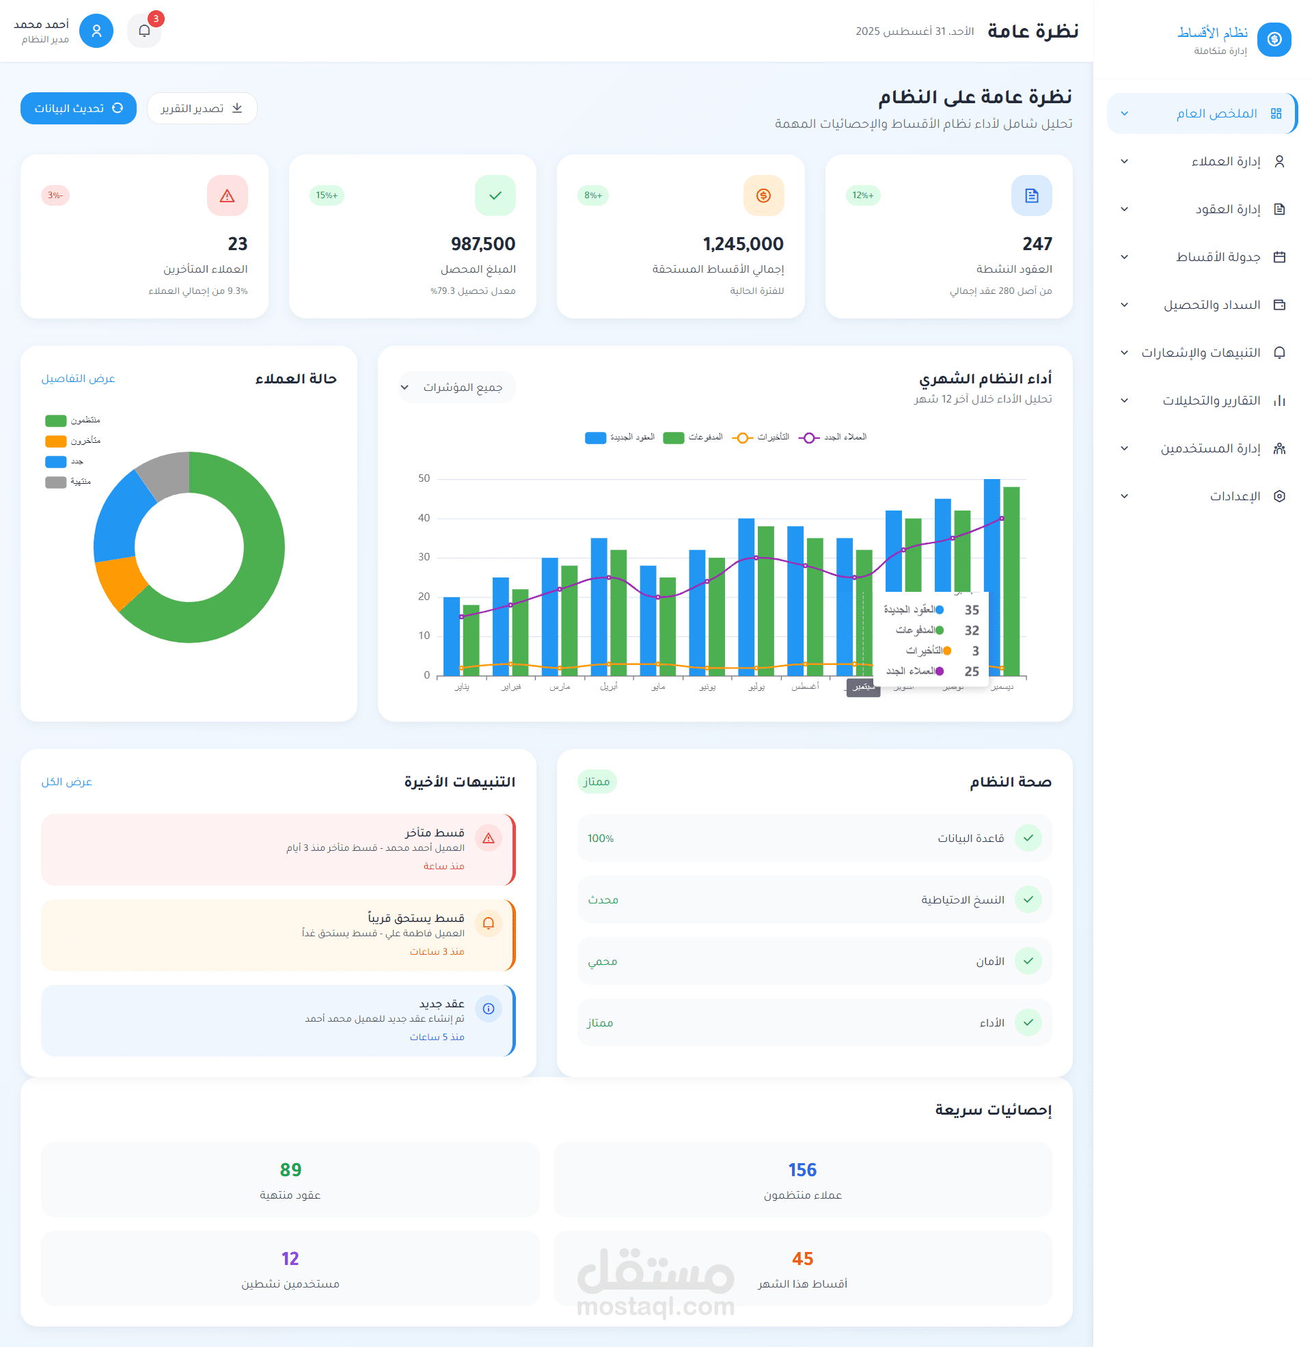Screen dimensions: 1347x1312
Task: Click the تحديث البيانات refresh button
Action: click(x=79, y=108)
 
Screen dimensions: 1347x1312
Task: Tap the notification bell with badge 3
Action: click(x=144, y=31)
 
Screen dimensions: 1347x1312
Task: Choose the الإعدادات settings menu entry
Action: click(x=1234, y=496)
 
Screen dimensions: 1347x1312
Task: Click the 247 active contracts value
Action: click(x=1037, y=244)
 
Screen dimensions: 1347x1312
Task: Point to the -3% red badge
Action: click(x=55, y=195)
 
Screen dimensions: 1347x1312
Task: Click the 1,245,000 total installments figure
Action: click(x=743, y=244)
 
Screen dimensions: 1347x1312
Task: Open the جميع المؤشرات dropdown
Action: click(x=456, y=387)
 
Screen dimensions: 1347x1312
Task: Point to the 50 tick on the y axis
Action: click(x=424, y=478)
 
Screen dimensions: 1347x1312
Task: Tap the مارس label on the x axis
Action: click(x=560, y=687)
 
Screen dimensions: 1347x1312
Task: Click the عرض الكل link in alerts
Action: click(x=66, y=781)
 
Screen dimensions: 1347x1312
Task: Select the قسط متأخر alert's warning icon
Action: click(x=488, y=839)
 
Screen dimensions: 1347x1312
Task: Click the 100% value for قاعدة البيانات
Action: click(x=600, y=839)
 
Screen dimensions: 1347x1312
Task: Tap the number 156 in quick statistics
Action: click(x=802, y=1170)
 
